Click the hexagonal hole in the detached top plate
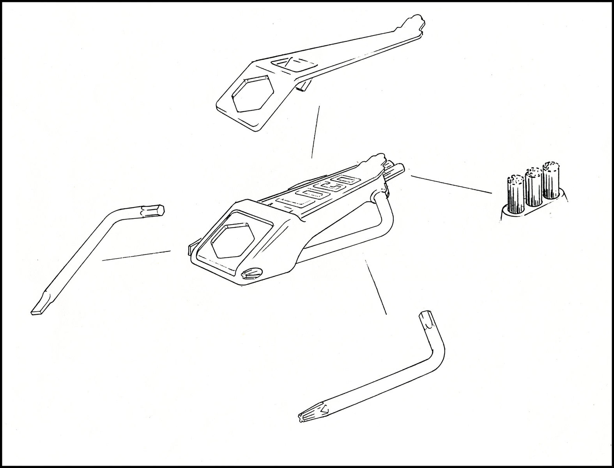point(253,94)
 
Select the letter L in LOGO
point(290,201)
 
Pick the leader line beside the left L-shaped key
point(136,255)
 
